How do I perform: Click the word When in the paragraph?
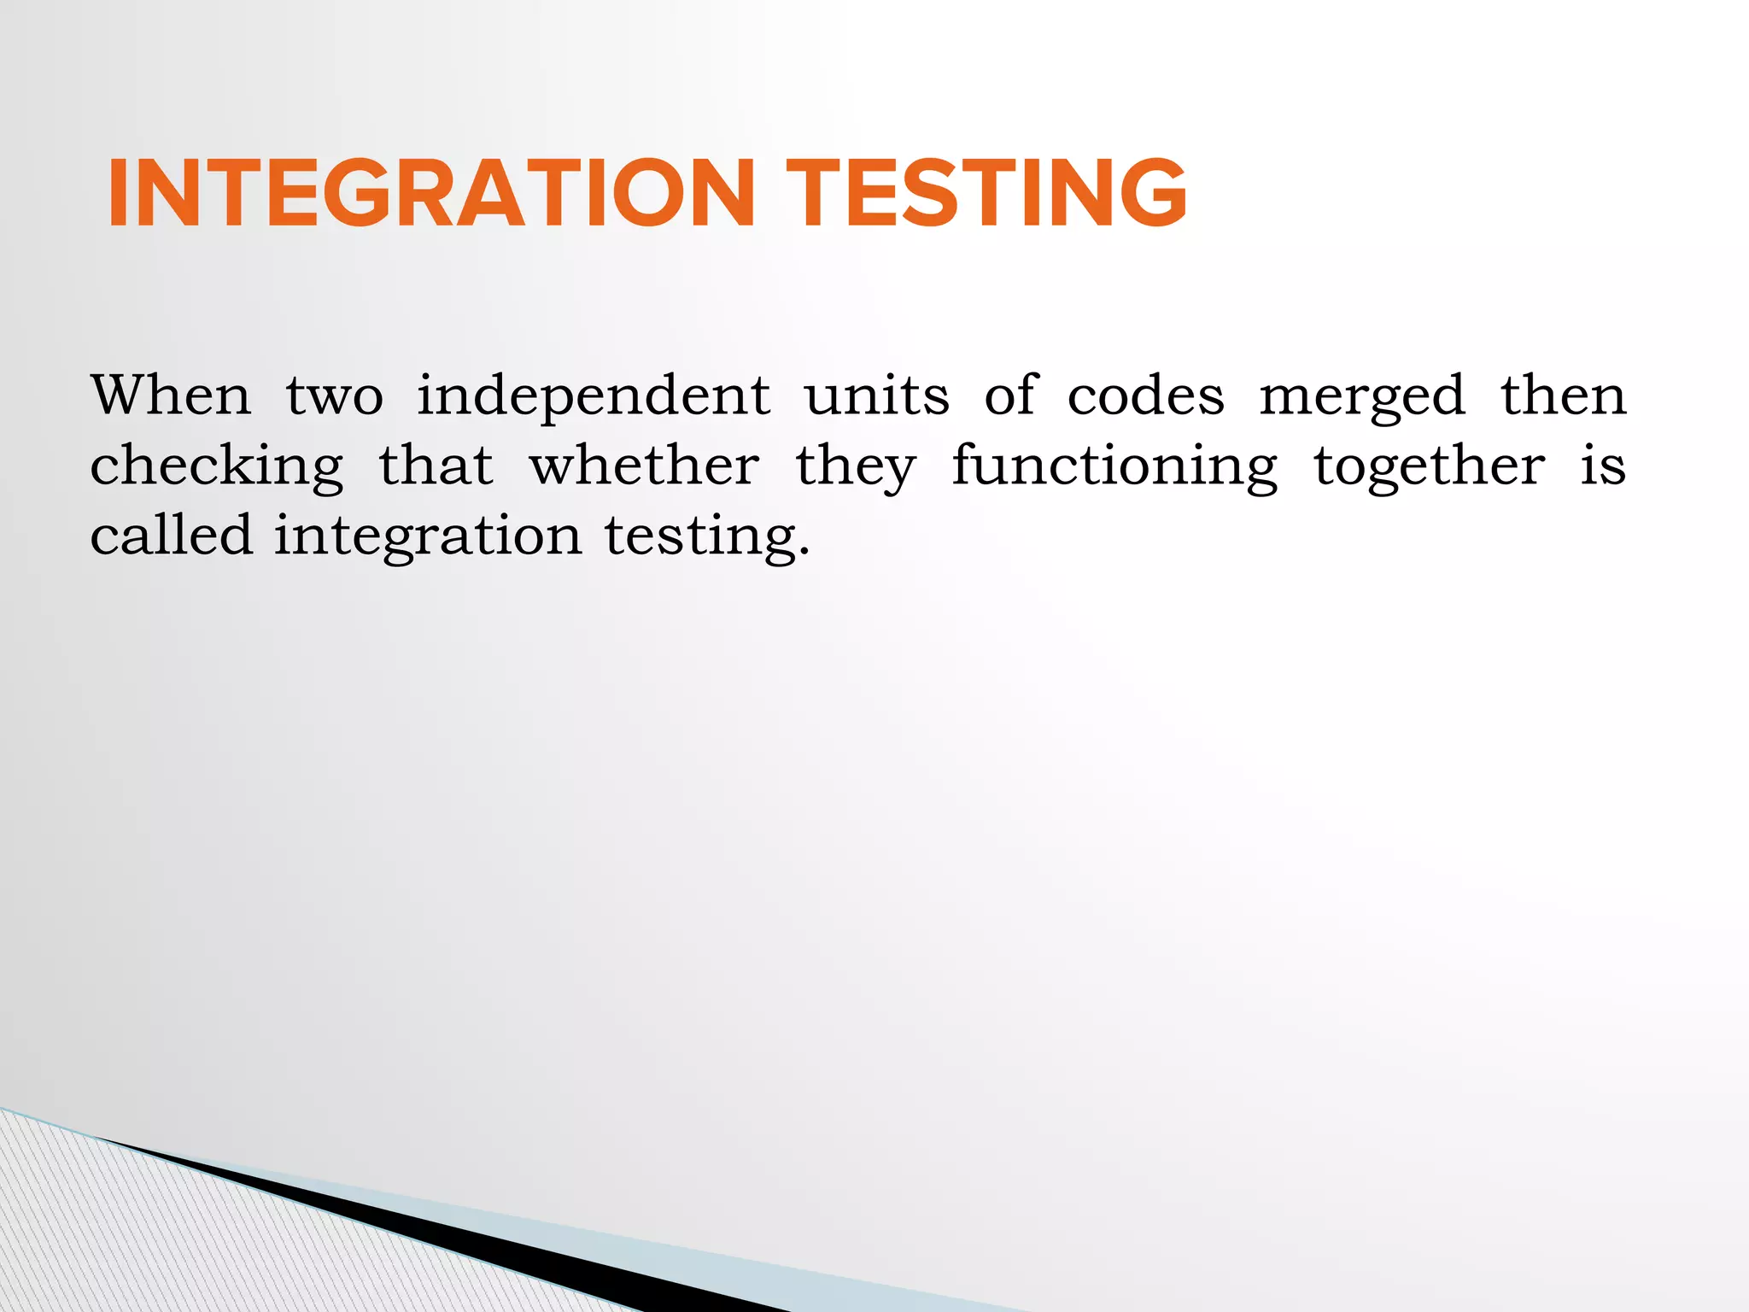coord(172,395)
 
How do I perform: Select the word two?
coord(334,397)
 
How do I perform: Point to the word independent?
coord(594,397)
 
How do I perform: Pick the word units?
coord(877,397)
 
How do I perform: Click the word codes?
coord(1146,397)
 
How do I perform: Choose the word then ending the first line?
coord(1564,395)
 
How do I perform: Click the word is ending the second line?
coord(1603,466)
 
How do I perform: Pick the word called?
coord(172,536)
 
